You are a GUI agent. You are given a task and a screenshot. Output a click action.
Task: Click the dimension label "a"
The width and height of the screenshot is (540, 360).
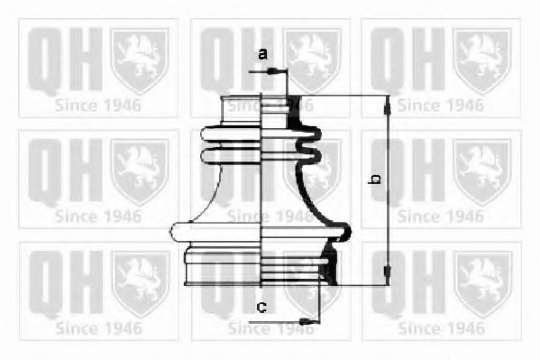click(262, 54)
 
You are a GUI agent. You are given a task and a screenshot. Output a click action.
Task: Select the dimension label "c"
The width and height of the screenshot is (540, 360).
click(262, 307)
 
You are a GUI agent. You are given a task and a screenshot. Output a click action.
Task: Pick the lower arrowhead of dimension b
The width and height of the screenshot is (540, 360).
click(388, 275)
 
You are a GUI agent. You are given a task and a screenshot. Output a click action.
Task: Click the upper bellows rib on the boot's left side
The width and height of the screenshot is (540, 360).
click(231, 134)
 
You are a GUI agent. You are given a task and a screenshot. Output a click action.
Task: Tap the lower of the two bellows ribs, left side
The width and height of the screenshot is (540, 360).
click(231, 155)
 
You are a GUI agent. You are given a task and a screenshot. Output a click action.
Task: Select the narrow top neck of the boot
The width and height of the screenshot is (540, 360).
click(241, 109)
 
